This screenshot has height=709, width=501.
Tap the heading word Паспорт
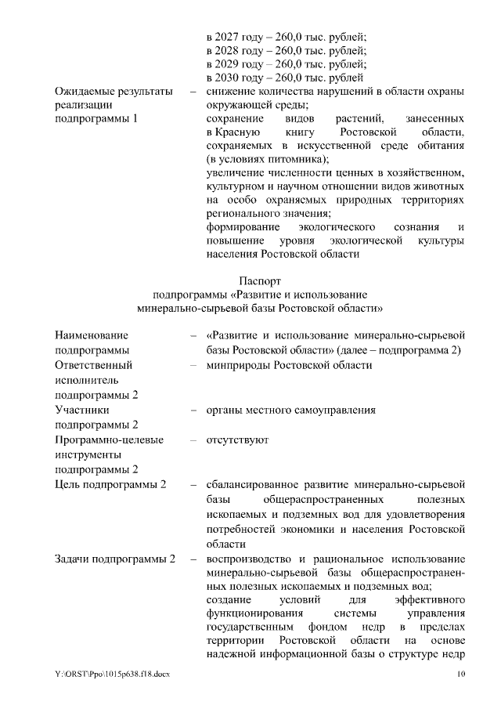point(260,280)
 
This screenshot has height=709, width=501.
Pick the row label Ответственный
point(93,365)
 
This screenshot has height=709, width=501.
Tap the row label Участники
point(82,410)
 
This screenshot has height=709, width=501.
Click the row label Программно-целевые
point(109,440)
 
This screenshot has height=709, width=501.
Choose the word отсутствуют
point(237,440)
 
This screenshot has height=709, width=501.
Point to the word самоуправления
point(333,410)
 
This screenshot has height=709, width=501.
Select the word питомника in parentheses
point(287,159)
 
